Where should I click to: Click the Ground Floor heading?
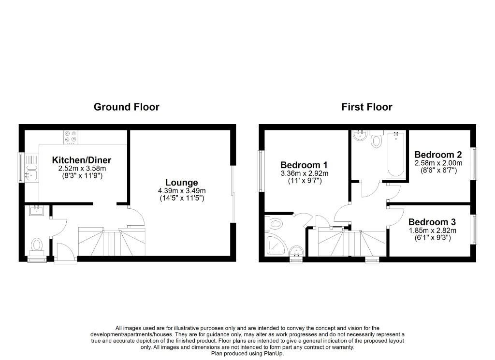[127, 107]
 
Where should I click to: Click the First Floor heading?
[367, 107]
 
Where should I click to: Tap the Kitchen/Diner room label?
[81, 160]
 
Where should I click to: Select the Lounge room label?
[182, 183]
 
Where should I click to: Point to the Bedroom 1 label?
[304, 165]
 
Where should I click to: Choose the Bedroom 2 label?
[438, 155]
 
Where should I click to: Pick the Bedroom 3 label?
[432, 222]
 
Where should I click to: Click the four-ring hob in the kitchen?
[71, 137]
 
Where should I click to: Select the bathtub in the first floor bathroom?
[396, 154]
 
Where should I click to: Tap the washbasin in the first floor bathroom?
[360, 135]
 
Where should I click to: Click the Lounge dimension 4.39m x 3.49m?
[182, 191]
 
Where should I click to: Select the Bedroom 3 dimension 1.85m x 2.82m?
[433, 230]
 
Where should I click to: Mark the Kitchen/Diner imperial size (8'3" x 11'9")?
[82, 176]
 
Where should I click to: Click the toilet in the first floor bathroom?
[376, 139]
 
